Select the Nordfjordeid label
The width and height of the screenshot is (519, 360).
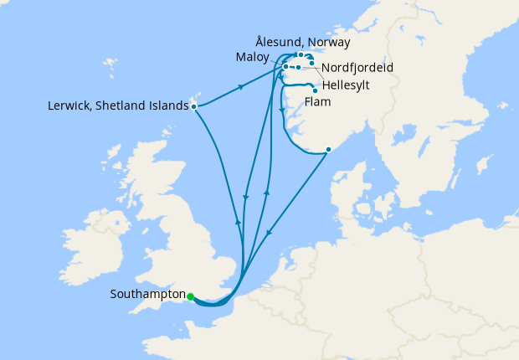point(357,66)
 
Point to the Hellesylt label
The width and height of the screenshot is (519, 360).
point(347,85)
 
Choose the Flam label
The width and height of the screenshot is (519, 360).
point(318,102)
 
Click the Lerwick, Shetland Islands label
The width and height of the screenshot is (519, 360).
point(119,106)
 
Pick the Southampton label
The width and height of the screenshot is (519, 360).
point(147,295)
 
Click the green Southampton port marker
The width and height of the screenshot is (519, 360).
point(191,296)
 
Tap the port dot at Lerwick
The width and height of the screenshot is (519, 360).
point(194,106)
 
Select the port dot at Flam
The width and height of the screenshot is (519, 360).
point(314,90)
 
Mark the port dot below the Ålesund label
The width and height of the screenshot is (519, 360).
point(301,55)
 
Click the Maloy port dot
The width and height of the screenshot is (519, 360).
point(285,66)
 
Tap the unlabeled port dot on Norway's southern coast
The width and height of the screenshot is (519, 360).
point(328,150)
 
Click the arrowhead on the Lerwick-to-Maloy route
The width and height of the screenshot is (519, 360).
point(242,86)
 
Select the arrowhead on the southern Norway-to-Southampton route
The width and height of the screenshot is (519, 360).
point(268,235)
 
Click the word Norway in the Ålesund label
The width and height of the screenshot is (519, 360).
point(330,42)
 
